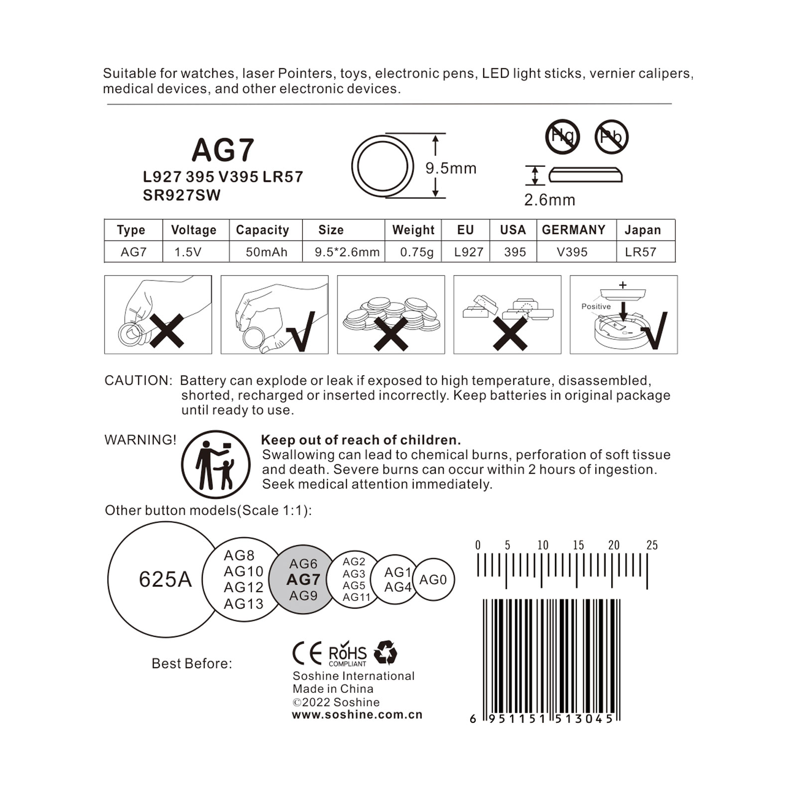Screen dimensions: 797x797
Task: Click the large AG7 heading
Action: (223, 150)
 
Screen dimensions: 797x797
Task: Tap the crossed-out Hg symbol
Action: (562, 136)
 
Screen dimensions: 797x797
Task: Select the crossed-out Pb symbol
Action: (611, 136)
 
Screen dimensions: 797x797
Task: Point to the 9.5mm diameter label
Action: (451, 168)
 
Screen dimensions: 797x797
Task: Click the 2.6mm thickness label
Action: (549, 200)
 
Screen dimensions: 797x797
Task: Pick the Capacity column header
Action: (263, 230)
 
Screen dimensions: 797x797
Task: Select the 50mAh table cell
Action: (266, 252)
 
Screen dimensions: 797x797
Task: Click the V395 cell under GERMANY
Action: (572, 252)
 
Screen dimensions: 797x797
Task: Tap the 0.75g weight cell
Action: (416, 252)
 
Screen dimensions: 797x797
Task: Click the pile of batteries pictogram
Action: (391, 315)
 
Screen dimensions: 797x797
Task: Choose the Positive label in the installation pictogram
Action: (596, 306)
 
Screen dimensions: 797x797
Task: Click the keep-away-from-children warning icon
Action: (216, 464)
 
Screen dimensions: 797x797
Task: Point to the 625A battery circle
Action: (165, 579)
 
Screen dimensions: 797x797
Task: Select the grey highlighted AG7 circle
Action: (303, 579)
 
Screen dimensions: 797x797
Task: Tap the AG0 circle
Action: (433, 579)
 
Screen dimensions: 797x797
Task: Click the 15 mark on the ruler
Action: (578, 545)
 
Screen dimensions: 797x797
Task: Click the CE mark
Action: (307, 654)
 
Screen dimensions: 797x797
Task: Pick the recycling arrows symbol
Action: (385, 653)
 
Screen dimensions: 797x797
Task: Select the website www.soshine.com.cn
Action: (357, 714)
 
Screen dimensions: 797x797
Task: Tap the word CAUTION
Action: (137, 381)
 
